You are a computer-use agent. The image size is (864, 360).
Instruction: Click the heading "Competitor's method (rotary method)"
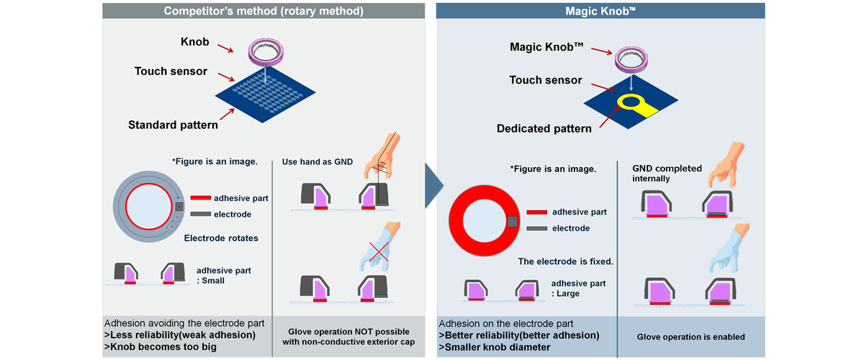tap(263, 11)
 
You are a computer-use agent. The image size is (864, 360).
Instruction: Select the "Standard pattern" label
tap(173, 125)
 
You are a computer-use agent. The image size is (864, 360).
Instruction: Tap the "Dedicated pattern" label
tap(544, 129)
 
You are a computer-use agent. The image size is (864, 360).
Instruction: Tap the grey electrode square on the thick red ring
tap(513, 221)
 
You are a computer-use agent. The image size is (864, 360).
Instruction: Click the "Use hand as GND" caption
tap(316, 161)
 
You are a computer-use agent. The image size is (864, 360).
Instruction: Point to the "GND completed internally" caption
tap(666, 173)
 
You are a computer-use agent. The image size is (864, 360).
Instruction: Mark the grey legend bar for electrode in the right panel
tap(537, 228)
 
